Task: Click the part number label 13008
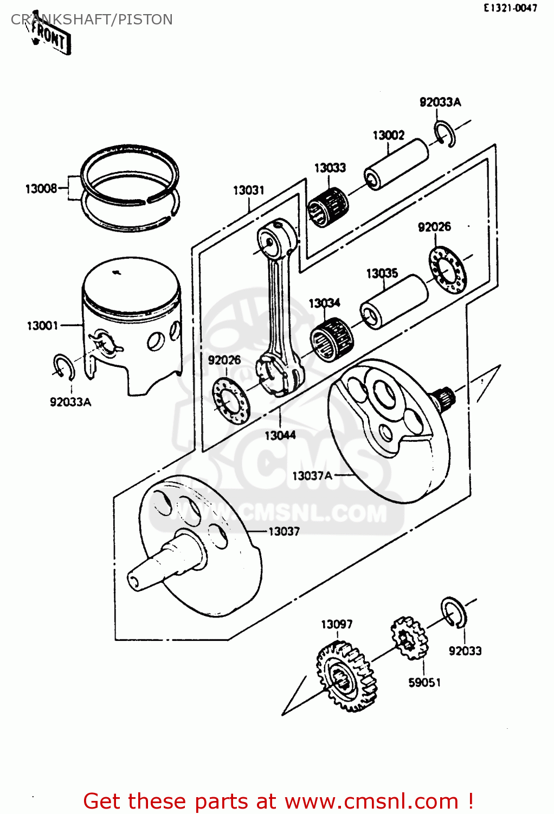[x=41, y=189]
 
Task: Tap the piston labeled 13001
[x=132, y=326]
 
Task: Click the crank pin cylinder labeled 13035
[x=394, y=302]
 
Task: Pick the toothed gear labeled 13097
[x=346, y=676]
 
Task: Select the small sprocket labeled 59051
[x=408, y=638]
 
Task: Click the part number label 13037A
[x=312, y=476]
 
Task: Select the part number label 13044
[x=280, y=435]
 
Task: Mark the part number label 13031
[x=248, y=190]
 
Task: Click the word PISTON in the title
[x=145, y=20]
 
